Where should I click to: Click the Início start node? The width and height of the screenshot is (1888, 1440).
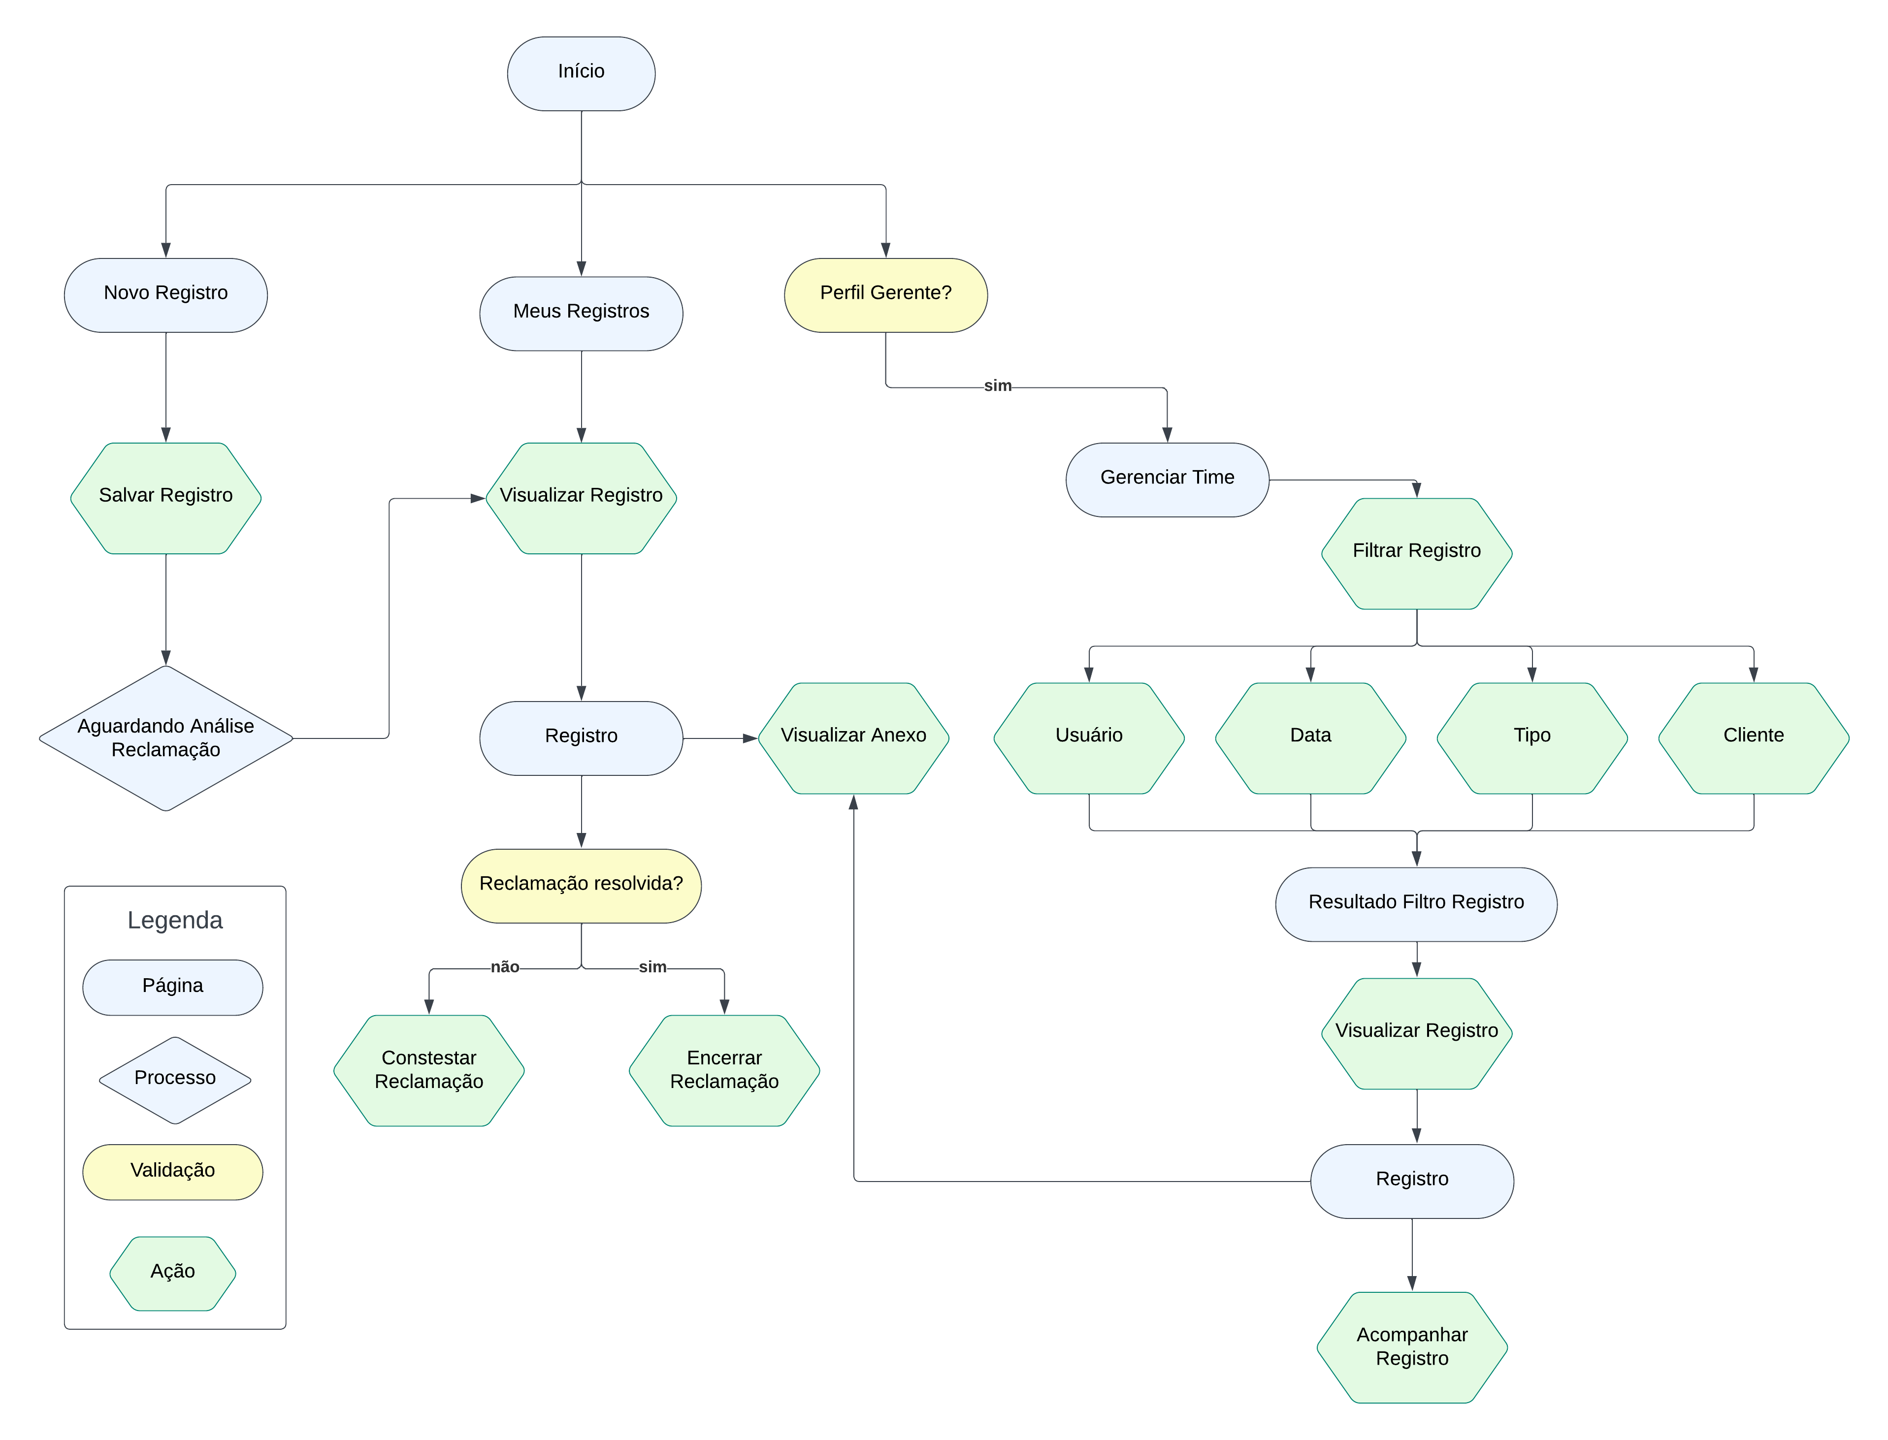coord(581,73)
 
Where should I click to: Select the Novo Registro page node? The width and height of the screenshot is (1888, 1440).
coord(165,295)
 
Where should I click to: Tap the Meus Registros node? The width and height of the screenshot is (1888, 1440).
coord(581,313)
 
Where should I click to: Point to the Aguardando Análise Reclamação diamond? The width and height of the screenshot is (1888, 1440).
coord(165,738)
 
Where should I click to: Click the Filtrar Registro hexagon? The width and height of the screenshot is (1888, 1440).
coord(1416,553)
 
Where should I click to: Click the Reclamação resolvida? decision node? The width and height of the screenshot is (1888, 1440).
coord(581,886)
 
